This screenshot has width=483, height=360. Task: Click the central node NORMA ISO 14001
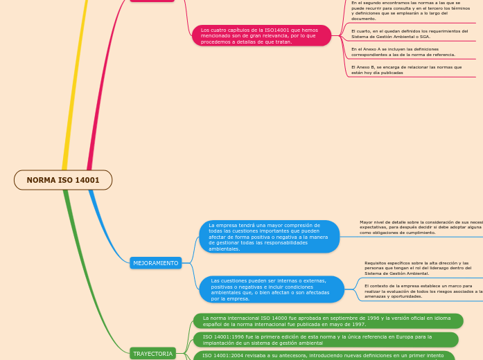click(63, 180)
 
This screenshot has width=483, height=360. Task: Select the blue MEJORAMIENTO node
click(155, 263)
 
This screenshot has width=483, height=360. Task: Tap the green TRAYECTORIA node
click(152, 353)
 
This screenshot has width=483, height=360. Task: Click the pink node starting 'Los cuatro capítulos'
click(261, 36)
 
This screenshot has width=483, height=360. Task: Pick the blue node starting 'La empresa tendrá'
click(269, 237)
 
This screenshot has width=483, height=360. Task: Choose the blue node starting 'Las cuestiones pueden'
click(271, 289)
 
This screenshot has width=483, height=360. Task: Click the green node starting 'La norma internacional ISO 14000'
click(327, 321)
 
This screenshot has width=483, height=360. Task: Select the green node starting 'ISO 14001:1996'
click(325, 339)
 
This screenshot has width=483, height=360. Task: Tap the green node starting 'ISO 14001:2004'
click(325, 355)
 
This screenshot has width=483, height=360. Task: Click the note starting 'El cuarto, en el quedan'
click(409, 34)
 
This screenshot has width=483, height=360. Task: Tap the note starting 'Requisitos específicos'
click(416, 268)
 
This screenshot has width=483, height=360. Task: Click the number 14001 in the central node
click(86, 180)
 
